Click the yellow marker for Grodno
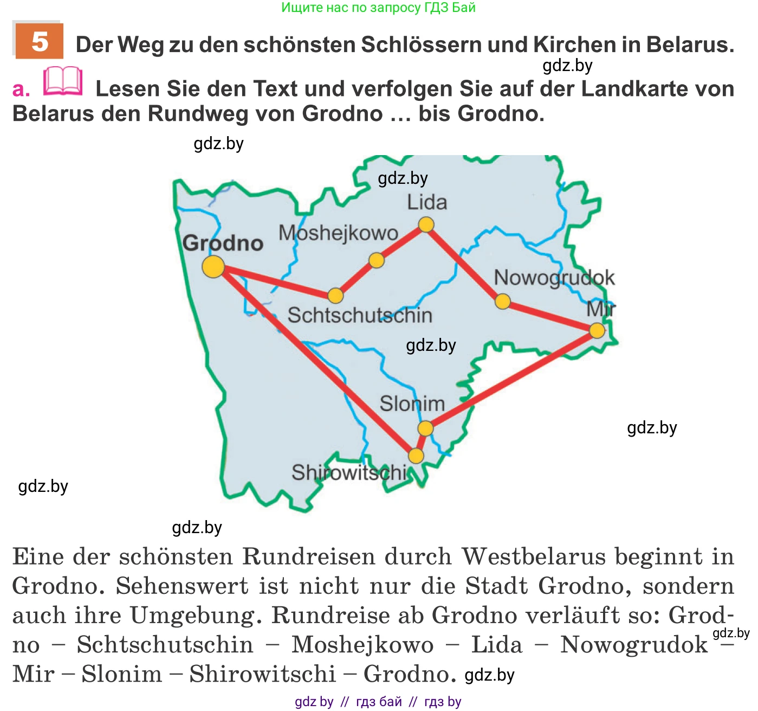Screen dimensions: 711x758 point(213,266)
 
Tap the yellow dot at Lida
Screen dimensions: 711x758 point(426,225)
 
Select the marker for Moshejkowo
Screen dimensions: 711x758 point(377,260)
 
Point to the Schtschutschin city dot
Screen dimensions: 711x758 point(336,296)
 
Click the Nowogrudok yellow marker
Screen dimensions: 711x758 point(503,302)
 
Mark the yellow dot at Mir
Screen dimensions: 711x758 point(597,330)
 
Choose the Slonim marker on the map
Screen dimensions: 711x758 point(426,428)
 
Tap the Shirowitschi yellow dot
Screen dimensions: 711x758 point(416,456)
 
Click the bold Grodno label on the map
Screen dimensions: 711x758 point(223,244)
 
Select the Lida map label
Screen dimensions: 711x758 point(427,202)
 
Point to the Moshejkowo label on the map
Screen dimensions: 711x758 point(339,233)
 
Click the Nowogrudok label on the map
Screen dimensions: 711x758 point(554,278)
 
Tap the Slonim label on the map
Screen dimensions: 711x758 point(412,404)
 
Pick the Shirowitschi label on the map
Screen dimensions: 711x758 point(349,473)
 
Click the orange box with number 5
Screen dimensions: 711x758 point(39,41)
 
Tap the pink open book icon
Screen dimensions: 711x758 point(63,82)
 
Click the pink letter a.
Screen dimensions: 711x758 point(21,89)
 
